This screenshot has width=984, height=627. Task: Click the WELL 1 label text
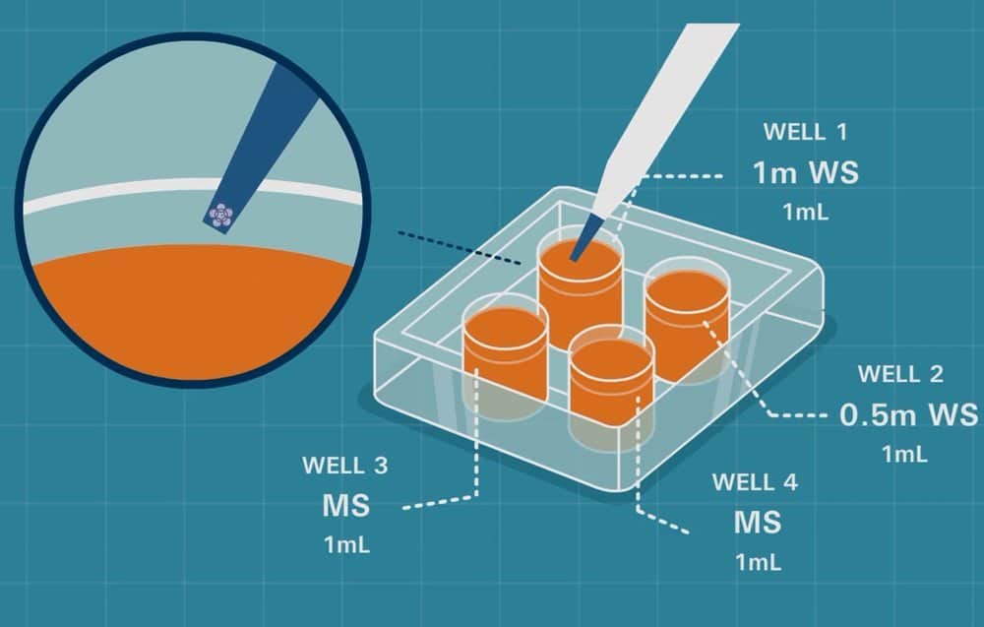[805, 131]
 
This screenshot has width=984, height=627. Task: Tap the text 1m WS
[805, 173]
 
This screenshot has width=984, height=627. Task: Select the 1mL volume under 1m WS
[805, 211]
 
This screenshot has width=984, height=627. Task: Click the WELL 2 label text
[900, 374]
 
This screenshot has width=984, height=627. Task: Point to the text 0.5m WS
[908, 415]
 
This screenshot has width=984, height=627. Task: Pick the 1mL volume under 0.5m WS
[903, 454]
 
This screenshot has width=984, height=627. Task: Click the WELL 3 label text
[344, 464]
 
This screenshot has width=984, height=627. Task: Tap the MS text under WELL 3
[345, 506]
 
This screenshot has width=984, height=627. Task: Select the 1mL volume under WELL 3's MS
[346, 544]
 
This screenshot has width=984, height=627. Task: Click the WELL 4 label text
[755, 482]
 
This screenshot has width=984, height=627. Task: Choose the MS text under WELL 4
[757, 522]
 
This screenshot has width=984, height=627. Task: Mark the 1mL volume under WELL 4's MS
[757, 562]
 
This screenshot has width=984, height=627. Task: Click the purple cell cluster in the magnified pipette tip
[221, 214]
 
